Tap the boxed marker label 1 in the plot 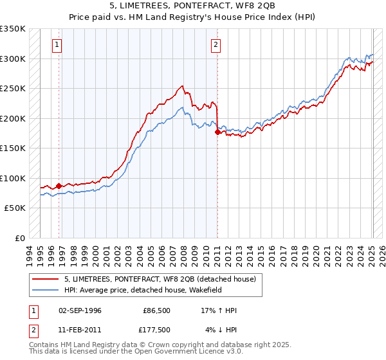click(x=58, y=45)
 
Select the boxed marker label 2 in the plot click(x=216, y=45)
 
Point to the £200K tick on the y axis click(x=14, y=118)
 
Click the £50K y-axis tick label click(x=15, y=208)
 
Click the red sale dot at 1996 click(x=59, y=186)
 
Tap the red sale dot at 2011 click(x=217, y=132)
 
